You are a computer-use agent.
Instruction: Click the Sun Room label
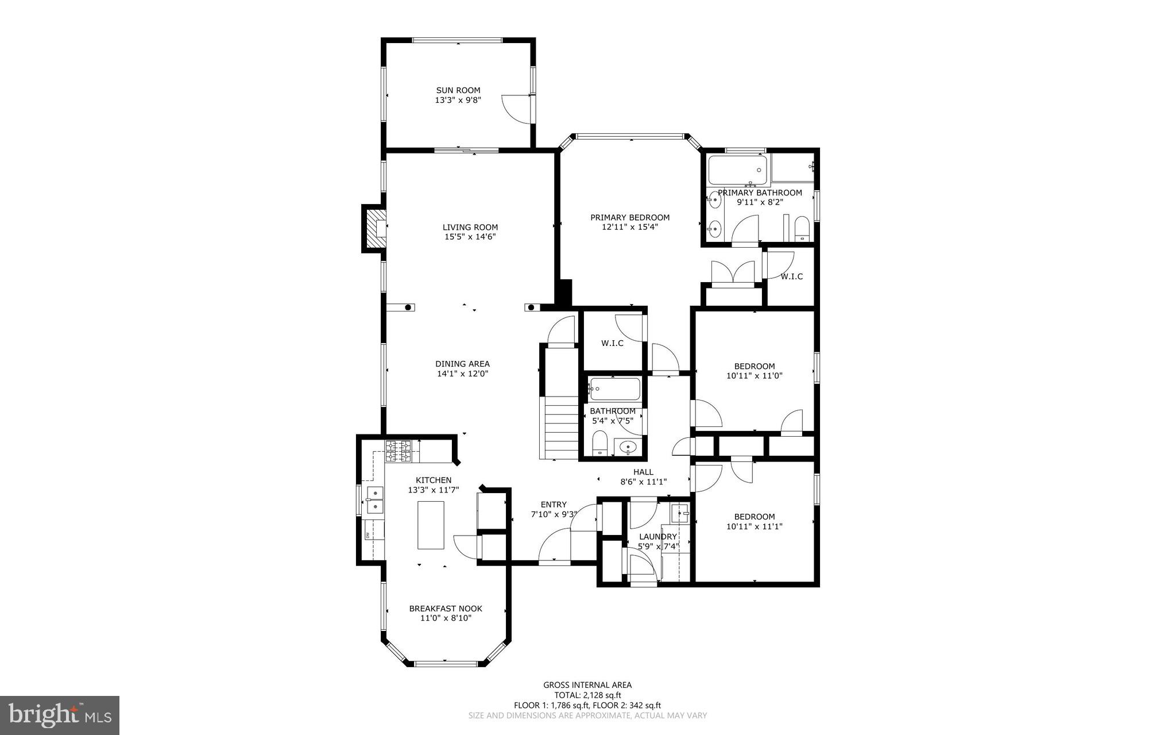pyautogui.click(x=458, y=90)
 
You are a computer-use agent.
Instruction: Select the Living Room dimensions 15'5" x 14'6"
pyautogui.click(x=470, y=237)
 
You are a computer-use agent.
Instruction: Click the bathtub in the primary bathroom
pyautogui.click(x=738, y=170)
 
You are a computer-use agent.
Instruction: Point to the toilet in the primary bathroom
pyautogui.click(x=802, y=230)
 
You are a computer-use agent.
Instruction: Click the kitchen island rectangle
pyautogui.click(x=431, y=525)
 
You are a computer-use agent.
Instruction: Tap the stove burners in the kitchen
pyautogui.click(x=398, y=451)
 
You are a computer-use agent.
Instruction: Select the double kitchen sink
pyautogui.click(x=374, y=499)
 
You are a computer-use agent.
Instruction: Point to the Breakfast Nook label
pyautogui.click(x=445, y=609)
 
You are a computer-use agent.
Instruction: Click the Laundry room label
pyautogui.click(x=658, y=537)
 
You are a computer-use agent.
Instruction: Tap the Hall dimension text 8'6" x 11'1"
pyautogui.click(x=643, y=482)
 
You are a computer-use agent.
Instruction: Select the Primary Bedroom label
pyautogui.click(x=630, y=217)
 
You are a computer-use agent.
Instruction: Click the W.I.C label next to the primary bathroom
pyautogui.click(x=791, y=276)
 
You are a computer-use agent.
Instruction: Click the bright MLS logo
pyautogui.click(x=60, y=715)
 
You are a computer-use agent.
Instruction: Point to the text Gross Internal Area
pyautogui.click(x=587, y=684)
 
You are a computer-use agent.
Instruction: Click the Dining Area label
pyautogui.click(x=462, y=364)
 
